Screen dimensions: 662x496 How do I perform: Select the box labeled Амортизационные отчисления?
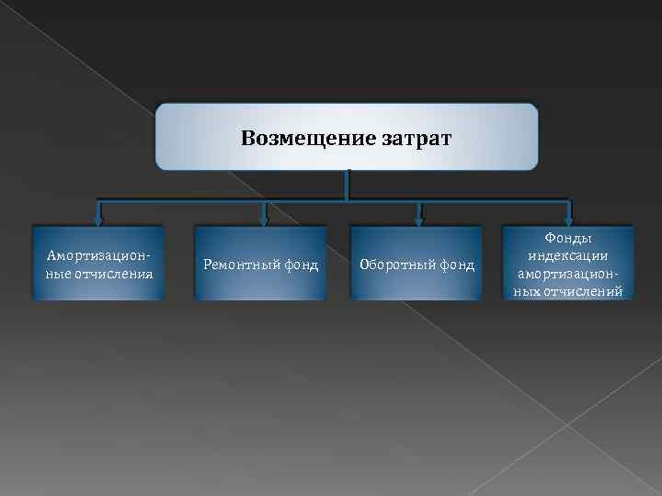[x=98, y=264]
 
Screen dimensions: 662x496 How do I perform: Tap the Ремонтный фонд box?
[x=260, y=265]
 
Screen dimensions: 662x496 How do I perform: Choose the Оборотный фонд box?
[x=417, y=265]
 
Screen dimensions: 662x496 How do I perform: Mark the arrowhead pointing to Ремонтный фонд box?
[x=264, y=219]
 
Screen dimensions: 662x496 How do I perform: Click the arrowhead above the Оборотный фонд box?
[x=419, y=219]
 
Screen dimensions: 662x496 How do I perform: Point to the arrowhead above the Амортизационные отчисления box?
[x=100, y=219]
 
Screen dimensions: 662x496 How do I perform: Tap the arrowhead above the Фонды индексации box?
[x=569, y=219]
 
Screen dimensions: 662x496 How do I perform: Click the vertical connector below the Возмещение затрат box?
[x=347, y=184]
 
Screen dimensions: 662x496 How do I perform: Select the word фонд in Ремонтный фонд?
[x=300, y=265]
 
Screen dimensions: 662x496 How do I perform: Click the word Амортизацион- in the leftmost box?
[x=98, y=255]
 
